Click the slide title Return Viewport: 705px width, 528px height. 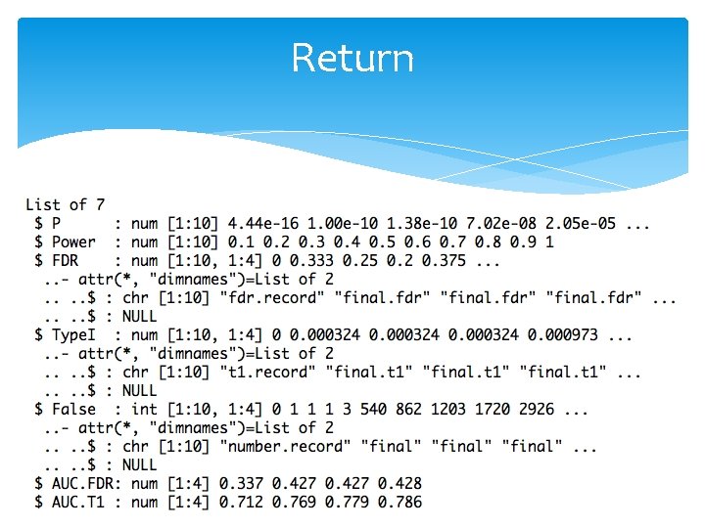352,58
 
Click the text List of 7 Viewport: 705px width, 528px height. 65,204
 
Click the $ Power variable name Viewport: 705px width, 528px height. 66,242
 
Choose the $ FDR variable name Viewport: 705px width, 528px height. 56,260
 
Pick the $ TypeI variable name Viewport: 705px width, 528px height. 66,334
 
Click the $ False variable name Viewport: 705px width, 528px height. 66,409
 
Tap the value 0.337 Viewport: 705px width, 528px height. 255,483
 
